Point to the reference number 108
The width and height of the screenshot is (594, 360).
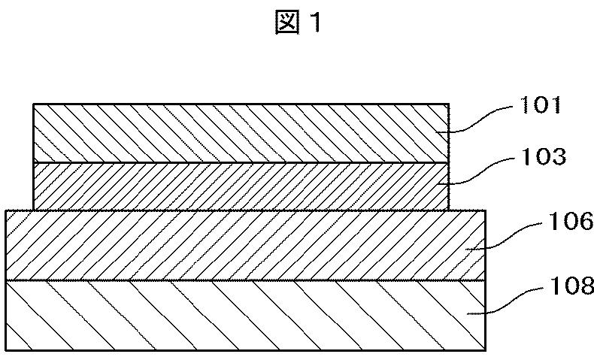(x=559, y=286)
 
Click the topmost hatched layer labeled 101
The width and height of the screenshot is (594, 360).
(x=241, y=133)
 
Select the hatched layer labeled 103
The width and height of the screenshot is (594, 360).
(x=241, y=186)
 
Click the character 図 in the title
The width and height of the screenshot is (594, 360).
(x=288, y=24)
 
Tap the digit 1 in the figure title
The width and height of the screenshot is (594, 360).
(x=317, y=24)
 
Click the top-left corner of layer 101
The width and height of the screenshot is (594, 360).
(x=34, y=104)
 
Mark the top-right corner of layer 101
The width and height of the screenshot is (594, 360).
(x=449, y=104)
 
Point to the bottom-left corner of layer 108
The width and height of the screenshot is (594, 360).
(x=6, y=350)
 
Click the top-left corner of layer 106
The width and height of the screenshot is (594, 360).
(x=6, y=210)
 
